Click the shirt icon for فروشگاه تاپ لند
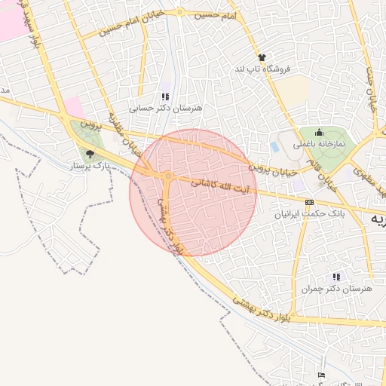point(262,57)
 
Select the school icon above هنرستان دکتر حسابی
point(165,96)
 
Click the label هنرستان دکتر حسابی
point(166,109)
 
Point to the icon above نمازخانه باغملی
point(318,131)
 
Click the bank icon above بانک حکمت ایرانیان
point(309,202)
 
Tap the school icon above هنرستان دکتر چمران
point(335,277)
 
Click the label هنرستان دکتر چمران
point(336,289)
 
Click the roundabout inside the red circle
point(168,176)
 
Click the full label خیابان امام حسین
point(113,30)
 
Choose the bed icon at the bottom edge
point(322,375)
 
